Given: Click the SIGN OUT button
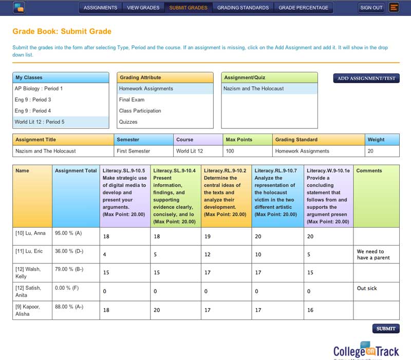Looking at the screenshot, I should tap(371, 8).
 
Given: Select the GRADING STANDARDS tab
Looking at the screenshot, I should tap(242, 8).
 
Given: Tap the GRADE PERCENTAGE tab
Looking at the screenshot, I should tap(303, 8).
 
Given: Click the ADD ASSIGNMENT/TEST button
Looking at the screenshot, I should tap(366, 78).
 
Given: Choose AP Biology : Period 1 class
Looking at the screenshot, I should tap(39, 88).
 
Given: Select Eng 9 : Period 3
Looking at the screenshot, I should tap(33, 100).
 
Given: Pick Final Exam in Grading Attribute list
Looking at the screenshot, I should tap(132, 100).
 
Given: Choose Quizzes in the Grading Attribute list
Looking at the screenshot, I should tap(128, 122).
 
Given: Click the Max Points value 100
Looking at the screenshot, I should tap(230, 151).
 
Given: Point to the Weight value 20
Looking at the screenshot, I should tap(370, 151).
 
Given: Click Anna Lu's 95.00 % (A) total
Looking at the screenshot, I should tap(69, 233).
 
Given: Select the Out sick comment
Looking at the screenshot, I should tap(367, 289).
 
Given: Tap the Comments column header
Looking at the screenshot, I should tap(369, 170).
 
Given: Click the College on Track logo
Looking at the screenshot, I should tap(366, 350).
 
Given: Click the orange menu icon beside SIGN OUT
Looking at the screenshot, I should tap(394, 8).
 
